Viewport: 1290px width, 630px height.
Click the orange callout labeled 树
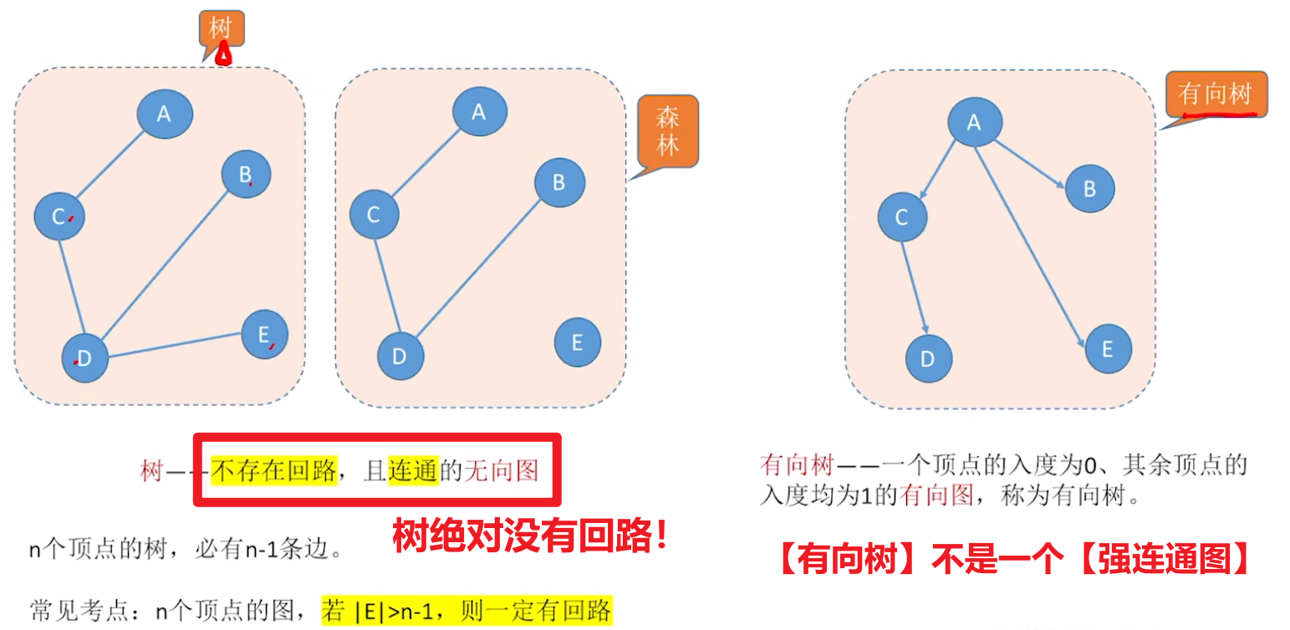click(221, 28)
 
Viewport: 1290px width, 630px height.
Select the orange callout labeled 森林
click(668, 132)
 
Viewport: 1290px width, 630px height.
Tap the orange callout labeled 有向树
click(1216, 94)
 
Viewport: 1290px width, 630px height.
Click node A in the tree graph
click(164, 114)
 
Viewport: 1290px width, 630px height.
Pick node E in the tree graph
click(264, 334)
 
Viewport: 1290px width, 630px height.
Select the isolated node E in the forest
click(577, 342)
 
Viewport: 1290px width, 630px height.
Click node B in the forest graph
click(559, 182)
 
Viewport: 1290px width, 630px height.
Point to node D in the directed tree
click(928, 359)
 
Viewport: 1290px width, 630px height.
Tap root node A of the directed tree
click(974, 123)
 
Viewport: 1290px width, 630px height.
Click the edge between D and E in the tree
click(176, 346)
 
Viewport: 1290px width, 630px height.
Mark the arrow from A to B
click(1029, 163)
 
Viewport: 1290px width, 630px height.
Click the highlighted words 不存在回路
click(273, 471)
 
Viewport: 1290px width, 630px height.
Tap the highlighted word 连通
click(413, 471)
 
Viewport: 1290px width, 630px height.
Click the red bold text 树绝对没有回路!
click(530, 536)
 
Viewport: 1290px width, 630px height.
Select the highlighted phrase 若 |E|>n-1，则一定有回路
click(467, 611)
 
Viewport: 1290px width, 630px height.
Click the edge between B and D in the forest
click(477, 268)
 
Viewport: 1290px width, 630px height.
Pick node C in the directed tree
click(902, 217)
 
